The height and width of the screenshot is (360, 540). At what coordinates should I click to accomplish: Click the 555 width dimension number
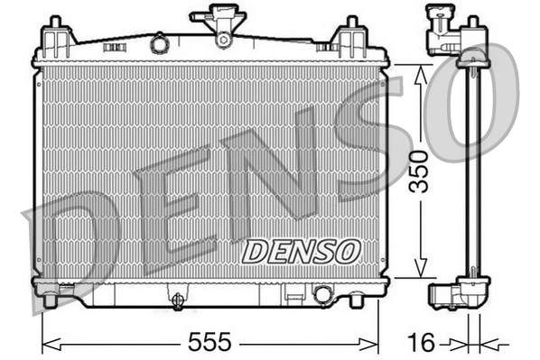[x=209, y=342]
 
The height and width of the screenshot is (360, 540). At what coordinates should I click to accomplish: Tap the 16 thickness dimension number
[x=422, y=342]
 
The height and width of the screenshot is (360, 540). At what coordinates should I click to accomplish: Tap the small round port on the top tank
[x=160, y=42]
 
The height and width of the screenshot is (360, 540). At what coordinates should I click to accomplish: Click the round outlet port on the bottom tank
[x=321, y=294]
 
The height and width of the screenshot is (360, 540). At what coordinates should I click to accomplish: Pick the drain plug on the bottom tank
[x=178, y=299]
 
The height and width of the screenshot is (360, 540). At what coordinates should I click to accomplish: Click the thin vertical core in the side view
[x=470, y=171]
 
